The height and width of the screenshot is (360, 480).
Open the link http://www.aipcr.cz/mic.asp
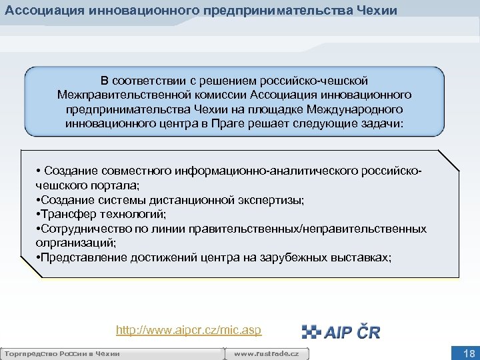point(189,330)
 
